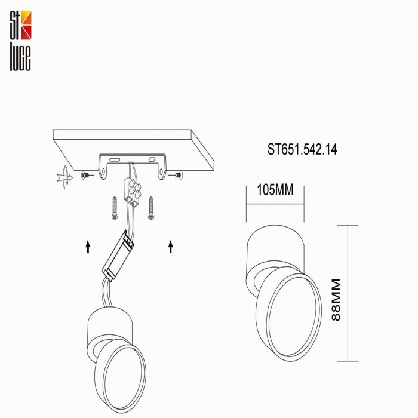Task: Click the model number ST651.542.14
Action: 302,150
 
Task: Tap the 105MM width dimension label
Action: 275,190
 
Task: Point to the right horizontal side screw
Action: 177,175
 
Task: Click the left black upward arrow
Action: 88,246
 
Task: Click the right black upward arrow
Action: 171,246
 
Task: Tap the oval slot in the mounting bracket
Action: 114,159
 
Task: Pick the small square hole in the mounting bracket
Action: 152,160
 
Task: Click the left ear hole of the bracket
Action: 105,174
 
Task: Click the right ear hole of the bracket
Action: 161,174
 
